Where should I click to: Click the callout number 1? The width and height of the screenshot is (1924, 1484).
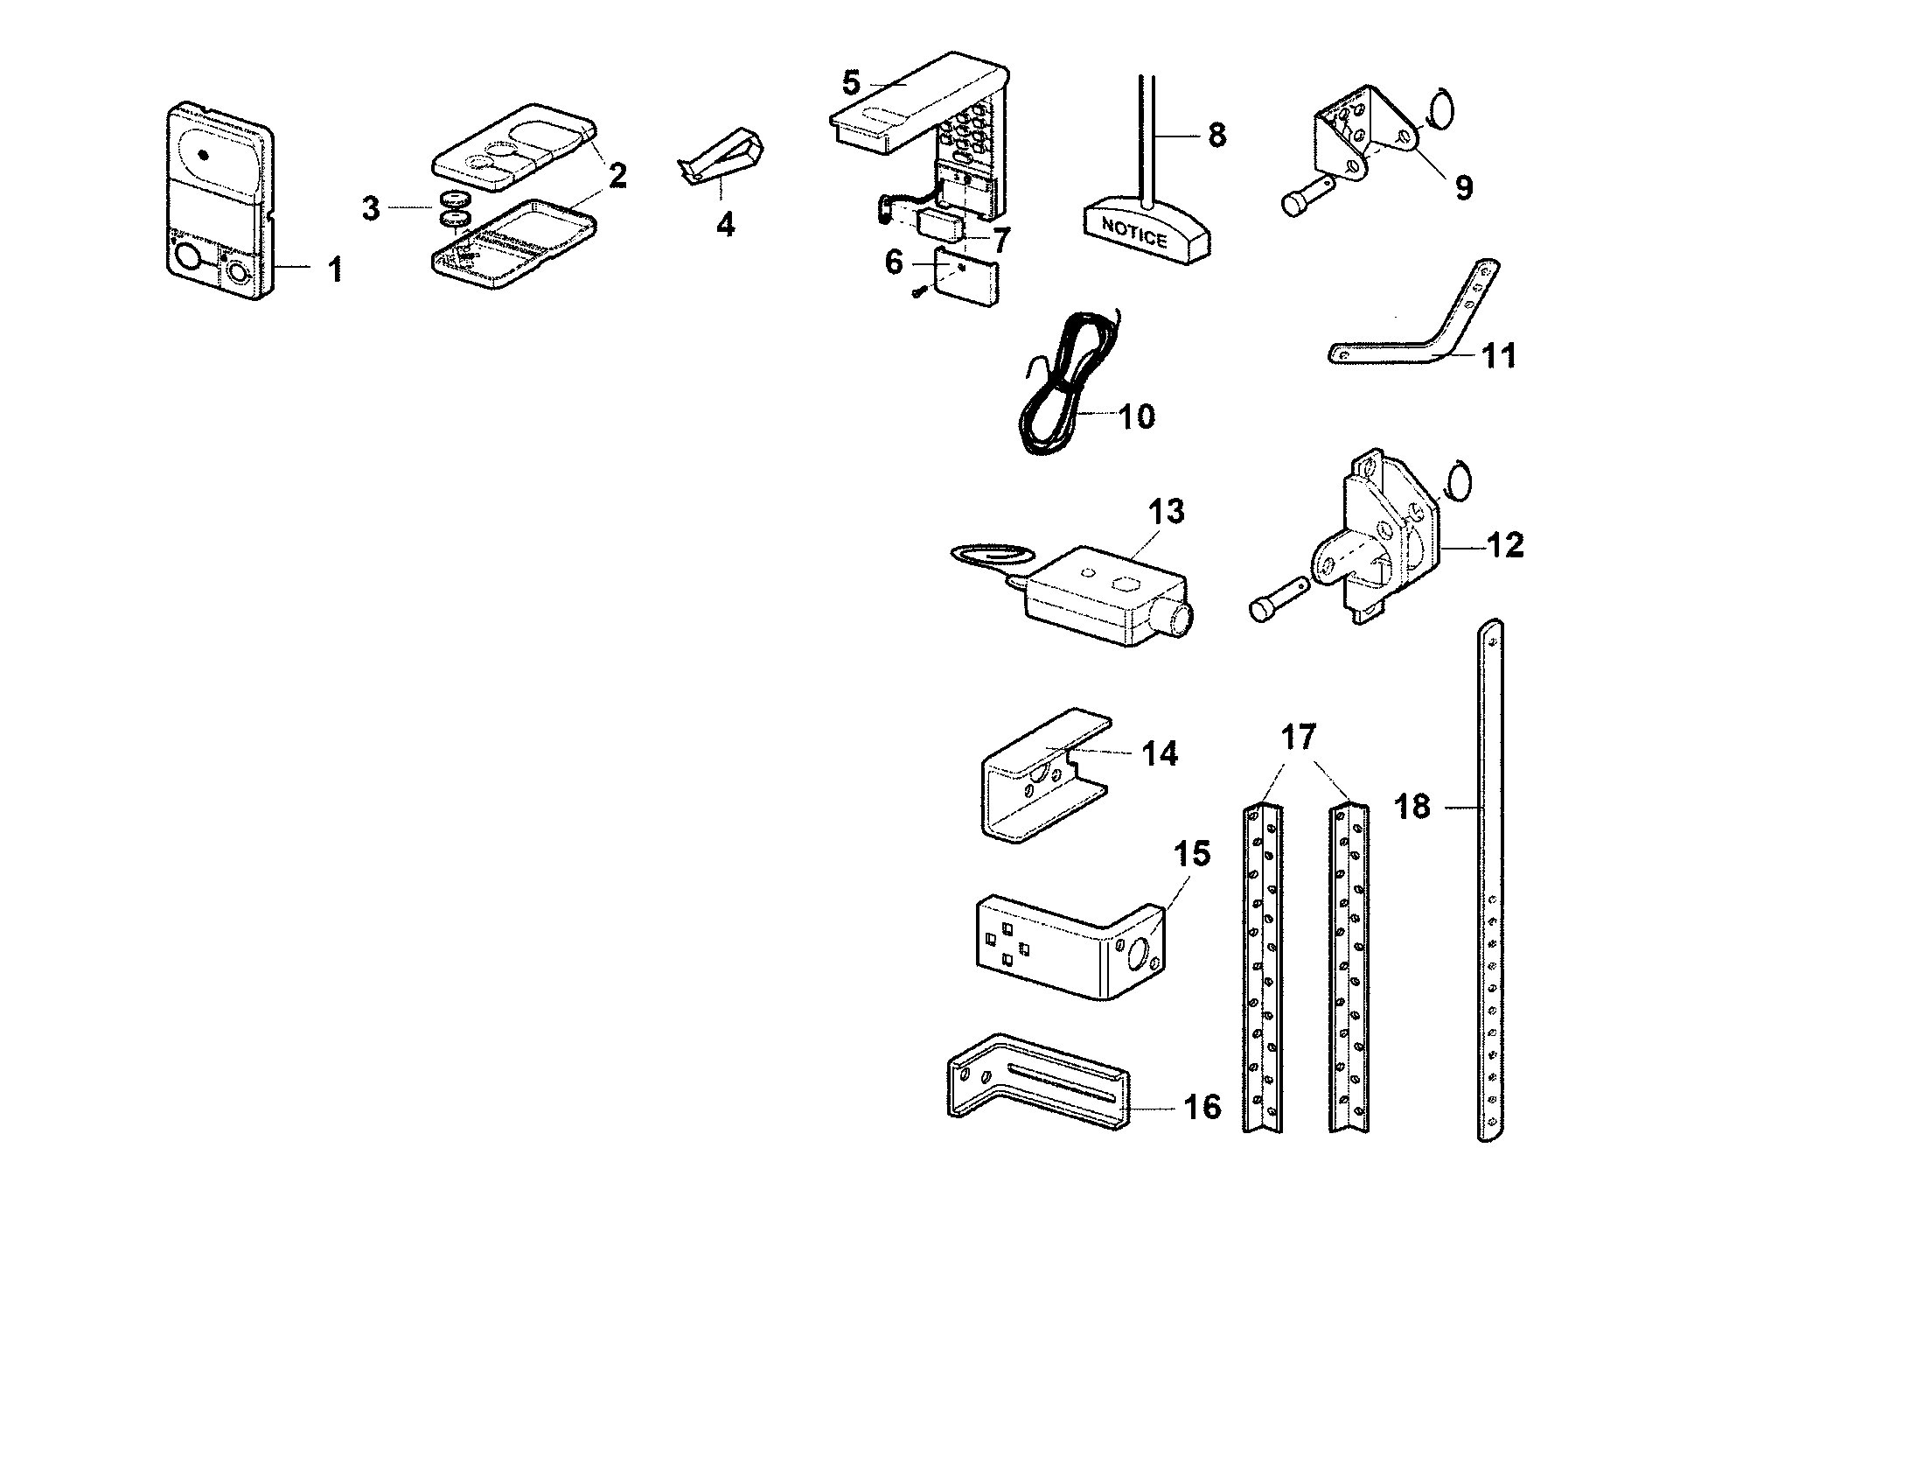[335, 269]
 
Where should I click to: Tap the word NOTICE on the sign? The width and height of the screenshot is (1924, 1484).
[1133, 232]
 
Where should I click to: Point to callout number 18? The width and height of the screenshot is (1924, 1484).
[1412, 807]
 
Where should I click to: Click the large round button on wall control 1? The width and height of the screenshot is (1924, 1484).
[188, 258]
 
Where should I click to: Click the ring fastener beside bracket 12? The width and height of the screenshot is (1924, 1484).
[1460, 481]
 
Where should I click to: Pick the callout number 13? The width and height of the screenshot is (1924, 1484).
[1167, 511]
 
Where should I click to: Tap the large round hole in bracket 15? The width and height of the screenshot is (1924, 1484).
[1138, 957]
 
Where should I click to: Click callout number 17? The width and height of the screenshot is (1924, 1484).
[1298, 736]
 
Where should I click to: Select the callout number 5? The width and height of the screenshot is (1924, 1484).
[850, 84]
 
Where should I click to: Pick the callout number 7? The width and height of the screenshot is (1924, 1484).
[1000, 239]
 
